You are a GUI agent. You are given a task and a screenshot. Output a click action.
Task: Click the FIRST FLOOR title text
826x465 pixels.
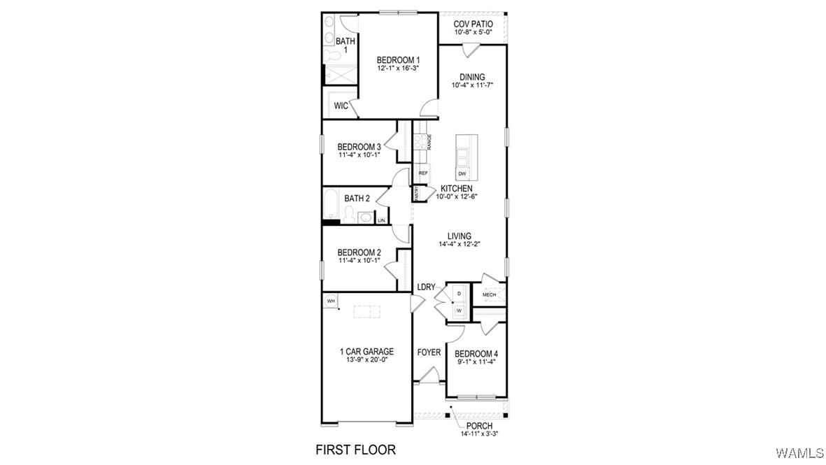click(x=355, y=449)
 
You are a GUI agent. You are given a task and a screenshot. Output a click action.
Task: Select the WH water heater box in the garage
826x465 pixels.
click(x=331, y=301)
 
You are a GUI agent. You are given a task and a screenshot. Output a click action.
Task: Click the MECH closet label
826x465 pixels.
click(x=489, y=295)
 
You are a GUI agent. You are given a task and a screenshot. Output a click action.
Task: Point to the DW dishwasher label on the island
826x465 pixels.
click(x=462, y=173)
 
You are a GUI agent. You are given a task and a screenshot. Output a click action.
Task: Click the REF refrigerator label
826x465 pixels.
click(x=423, y=173)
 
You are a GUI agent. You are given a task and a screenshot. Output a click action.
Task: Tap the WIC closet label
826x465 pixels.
click(x=341, y=106)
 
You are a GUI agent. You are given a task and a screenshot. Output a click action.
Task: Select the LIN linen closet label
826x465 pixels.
click(x=381, y=220)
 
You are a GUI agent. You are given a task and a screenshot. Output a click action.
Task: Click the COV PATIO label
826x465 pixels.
click(x=473, y=23)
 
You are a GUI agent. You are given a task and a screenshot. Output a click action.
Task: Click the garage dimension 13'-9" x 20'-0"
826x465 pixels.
click(x=366, y=360)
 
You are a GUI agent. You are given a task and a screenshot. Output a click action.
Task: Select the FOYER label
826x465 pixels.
click(x=429, y=352)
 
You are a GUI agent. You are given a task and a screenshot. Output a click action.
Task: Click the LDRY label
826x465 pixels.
click(x=426, y=287)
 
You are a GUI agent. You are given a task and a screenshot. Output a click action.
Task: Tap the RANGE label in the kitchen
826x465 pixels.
click(x=429, y=142)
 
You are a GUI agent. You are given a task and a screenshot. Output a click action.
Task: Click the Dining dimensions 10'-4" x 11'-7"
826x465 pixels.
click(x=473, y=85)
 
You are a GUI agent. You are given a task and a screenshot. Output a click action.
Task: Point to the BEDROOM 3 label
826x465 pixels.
click(x=359, y=146)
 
